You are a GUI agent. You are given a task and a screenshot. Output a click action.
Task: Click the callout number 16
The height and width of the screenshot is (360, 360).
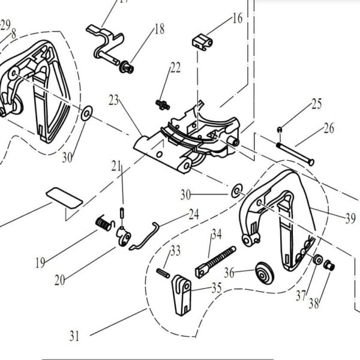pyautogui.click(x=238, y=18)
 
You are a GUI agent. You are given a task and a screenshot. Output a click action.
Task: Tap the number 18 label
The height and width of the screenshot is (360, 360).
pyautogui.click(x=159, y=28)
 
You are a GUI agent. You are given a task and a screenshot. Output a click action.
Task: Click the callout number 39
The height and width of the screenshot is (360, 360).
pyautogui.click(x=350, y=218)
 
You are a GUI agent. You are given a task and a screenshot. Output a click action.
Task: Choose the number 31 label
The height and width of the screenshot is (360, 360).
pyautogui.click(x=74, y=336)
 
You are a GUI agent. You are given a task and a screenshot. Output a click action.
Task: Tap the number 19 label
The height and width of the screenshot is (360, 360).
pyautogui.click(x=40, y=262)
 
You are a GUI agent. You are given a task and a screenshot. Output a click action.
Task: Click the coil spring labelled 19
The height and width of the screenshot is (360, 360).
pyautogui.click(x=104, y=224)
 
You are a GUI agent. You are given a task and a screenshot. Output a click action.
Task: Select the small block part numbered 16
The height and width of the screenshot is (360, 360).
pyautogui.click(x=202, y=42)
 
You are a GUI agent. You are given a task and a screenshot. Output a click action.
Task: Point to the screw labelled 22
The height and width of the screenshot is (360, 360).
pyautogui.click(x=160, y=104)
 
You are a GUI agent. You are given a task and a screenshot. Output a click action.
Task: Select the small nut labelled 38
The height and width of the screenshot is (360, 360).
pyautogui.click(x=329, y=266)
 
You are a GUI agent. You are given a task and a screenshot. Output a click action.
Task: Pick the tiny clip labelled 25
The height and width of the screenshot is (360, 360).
pyautogui.click(x=279, y=130)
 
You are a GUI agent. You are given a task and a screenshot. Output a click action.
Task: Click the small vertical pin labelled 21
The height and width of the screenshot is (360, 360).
pyautogui.click(x=122, y=213)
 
